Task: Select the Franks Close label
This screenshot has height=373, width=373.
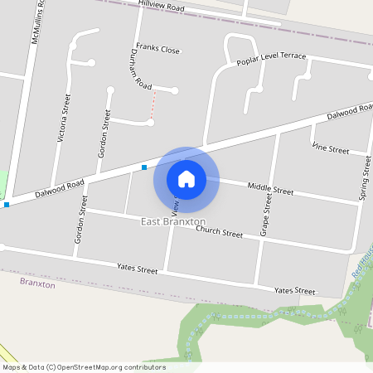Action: [x=157, y=50]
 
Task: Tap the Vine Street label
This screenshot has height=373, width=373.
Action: [x=330, y=149]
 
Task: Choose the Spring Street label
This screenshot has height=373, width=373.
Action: [x=363, y=178]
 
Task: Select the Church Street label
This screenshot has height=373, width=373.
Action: [x=219, y=233]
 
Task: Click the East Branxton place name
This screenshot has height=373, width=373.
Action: [x=172, y=222]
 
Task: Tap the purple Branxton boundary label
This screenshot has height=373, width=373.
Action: [x=36, y=283]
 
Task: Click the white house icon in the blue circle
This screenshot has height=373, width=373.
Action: [x=186, y=179]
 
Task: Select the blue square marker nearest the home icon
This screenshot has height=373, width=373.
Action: [x=144, y=167]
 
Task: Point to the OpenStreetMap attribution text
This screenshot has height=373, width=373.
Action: [x=83, y=367]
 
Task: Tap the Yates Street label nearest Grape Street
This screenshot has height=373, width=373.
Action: [x=294, y=291]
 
